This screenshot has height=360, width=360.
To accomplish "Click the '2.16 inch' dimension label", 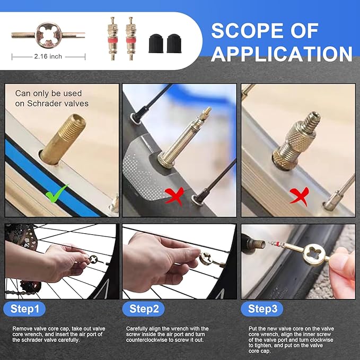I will click(48, 56).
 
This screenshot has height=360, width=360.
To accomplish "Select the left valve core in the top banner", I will click(113, 38).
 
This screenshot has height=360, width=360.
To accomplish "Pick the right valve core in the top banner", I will click(129, 38).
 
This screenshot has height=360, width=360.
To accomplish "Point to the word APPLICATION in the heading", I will click(282, 54).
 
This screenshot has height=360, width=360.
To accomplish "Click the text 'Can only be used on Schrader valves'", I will click(51, 98).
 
